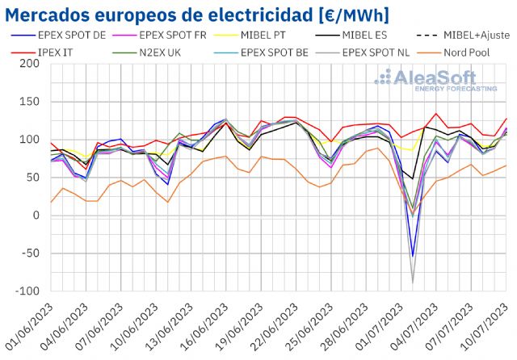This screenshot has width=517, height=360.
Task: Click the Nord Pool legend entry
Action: click(x=469, y=52)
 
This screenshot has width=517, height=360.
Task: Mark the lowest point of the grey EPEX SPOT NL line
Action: click(x=414, y=283)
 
